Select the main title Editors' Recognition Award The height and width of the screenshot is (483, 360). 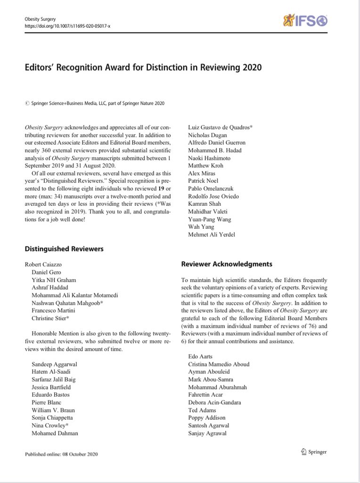[143, 67]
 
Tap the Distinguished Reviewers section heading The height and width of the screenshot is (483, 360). [63, 249]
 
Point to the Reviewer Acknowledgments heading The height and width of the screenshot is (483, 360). [226, 264]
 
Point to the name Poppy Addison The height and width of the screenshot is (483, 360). [206, 417]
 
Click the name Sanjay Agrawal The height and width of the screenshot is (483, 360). [207, 433]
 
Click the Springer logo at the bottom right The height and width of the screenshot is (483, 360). [313, 452]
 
